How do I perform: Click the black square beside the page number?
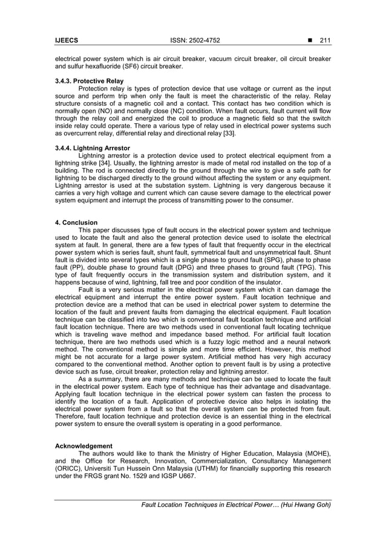pyautogui.click(x=310, y=40)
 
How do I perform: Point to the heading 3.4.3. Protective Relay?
pyautogui.click(x=89, y=80)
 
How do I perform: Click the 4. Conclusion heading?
pyautogui.click(x=76, y=222)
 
